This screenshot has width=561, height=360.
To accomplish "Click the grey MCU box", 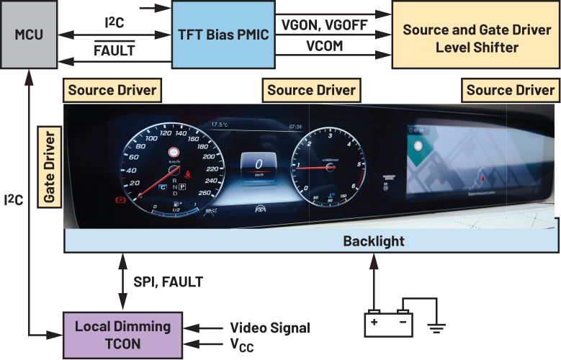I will (28, 35).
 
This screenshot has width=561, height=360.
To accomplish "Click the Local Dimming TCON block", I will (122, 334).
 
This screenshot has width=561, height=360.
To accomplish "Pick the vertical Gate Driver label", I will (50, 166).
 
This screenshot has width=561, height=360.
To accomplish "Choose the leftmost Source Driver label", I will (112, 90).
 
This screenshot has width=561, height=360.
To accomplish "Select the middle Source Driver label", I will (311, 90).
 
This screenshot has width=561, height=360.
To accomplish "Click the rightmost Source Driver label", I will (510, 90).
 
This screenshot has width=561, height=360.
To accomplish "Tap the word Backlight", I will (373, 241).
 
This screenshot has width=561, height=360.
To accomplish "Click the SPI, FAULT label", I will (168, 283).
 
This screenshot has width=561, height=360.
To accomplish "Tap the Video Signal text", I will (269, 328).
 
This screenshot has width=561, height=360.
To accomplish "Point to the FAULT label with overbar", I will (115, 52).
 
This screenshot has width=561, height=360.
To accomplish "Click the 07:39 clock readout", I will (295, 126).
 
